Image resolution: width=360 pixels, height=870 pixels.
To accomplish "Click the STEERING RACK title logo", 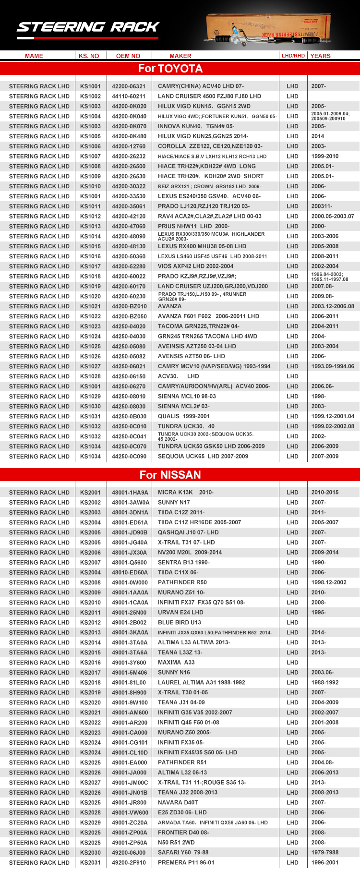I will click(x=88, y=27).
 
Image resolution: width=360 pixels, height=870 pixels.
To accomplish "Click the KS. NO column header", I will click(x=89, y=56).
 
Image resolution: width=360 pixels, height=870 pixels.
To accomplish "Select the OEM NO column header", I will click(x=128, y=56).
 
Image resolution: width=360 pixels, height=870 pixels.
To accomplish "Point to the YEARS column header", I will click(x=320, y=56).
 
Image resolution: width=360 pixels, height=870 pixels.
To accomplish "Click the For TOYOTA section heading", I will click(x=170, y=69).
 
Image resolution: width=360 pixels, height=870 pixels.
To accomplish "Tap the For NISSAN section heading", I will click(x=170, y=475).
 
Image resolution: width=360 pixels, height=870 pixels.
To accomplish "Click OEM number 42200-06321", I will click(x=129, y=86).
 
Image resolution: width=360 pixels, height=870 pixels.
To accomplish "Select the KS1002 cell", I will click(x=90, y=97).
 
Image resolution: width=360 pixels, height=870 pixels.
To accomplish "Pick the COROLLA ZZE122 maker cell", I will click(x=210, y=146).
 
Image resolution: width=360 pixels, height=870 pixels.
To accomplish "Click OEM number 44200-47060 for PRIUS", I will click(x=129, y=227).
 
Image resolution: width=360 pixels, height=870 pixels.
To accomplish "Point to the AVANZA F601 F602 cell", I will click(x=208, y=316).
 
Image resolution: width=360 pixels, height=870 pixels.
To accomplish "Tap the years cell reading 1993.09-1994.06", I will click(x=333, y=366).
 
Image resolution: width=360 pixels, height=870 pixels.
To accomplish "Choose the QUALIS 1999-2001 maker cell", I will click(x=184, y=416).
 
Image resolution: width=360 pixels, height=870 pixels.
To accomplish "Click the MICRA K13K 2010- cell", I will click(x=186, y=493).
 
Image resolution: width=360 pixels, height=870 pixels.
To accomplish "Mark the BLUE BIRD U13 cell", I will click(x=180, y=623).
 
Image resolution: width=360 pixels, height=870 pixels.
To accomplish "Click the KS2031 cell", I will click(x=90, y=863).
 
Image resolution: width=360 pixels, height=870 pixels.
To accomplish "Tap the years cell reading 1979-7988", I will click(x=324, y=853).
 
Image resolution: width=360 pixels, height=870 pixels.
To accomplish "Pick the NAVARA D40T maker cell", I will click(x=178, y=803).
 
